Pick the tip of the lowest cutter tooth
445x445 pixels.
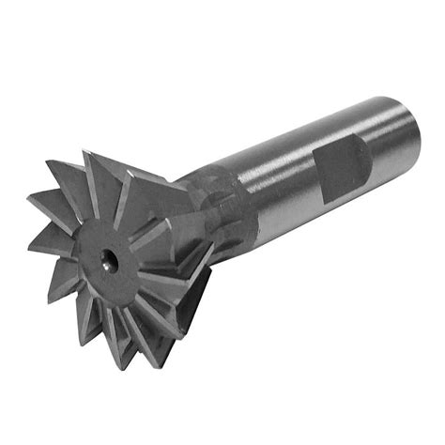point(119,368)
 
